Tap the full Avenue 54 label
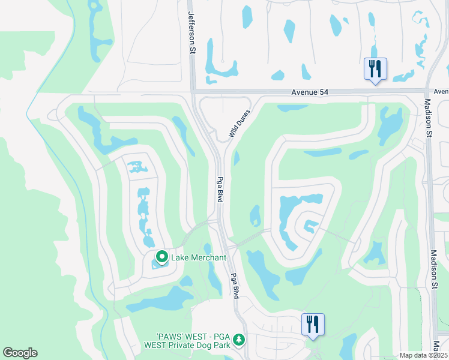pos(312,92)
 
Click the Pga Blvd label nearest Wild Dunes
pos(220,188)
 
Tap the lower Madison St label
pos(434,270)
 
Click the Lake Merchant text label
pos(199,258)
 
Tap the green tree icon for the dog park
pos(239,340)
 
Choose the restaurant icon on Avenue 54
pos(375,69)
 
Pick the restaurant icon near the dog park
pos(312,325)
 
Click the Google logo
pos(20,353)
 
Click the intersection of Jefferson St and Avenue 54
pos(193,92)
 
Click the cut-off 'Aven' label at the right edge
pos(441,92)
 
